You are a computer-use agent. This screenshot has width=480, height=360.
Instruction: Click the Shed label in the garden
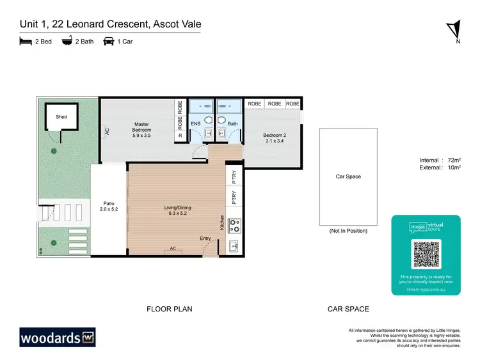[61, 117]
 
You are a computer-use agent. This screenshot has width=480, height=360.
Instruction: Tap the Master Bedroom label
[141, 130]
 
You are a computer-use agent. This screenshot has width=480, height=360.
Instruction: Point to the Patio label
[109, 206]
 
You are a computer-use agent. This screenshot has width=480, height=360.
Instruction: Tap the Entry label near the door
[205, 239]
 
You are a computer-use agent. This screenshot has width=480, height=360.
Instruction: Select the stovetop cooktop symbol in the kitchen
[235, 225]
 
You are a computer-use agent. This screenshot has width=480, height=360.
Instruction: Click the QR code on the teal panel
[426, 254]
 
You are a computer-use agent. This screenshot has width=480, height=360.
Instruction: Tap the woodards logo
[57, 337]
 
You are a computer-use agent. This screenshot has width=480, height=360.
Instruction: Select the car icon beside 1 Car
[109, 42]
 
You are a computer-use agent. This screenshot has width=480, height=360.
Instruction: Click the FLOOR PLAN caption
[169, 309]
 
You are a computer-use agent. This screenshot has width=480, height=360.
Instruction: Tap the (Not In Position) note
[348, 230]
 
